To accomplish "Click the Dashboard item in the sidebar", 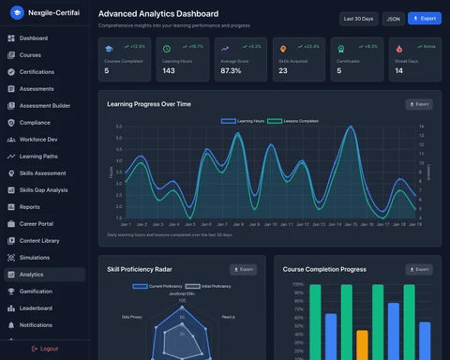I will [x=34, y=38].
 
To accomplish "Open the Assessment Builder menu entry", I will [x=45, y=106].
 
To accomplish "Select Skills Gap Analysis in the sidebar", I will [x=43, y=190].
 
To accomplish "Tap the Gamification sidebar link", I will [x=37, y=292].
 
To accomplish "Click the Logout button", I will [x=44, y=348].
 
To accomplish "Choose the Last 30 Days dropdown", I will [x=358, y=18].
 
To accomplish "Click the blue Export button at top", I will [x=424, y=18].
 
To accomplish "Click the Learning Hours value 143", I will [x=169, y=70].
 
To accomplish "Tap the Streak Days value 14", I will [x=398, y=70].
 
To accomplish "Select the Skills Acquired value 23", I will [x=283, y=70].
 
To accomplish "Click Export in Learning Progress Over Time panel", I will [x=418, y=104].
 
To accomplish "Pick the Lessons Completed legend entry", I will [x=297, y=121].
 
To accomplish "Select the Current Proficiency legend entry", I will [x=161, y=286].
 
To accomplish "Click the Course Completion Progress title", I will [x=324, y=269].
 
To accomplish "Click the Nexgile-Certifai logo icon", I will [x=15, y=14].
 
